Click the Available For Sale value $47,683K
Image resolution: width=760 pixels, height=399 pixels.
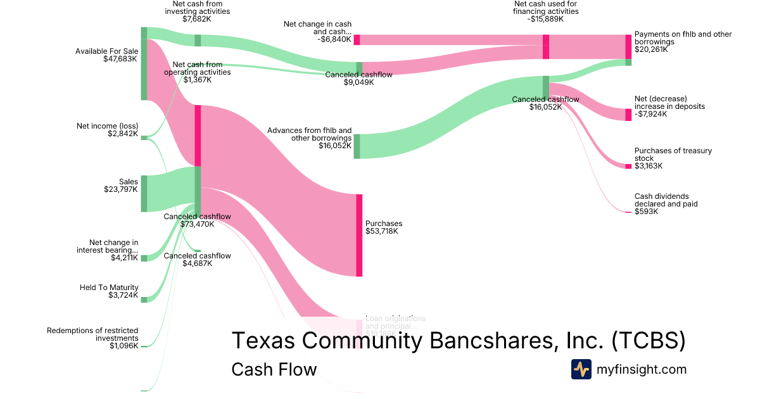pyautogui.click(x=120, y=59)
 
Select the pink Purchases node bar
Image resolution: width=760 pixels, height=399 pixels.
pyautogui.click(x=359, y=235)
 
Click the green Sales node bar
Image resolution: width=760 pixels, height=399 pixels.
pyautogui.click(x=144, y=193)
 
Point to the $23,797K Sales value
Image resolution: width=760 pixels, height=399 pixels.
pyautogui.click(x=120, y=189)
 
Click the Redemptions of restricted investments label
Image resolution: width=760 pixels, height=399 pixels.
pyautogui.click(x=92, y=334)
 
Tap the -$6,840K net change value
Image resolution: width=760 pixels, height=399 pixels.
pyautogui.click(x=331, y=39)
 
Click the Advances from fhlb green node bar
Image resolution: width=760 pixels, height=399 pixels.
pyautogui.click(x=357, y=146)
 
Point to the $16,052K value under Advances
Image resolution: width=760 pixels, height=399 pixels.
pyautogui.click(x=335, y=146)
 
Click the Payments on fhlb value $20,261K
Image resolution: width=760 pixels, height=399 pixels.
pyautogui.click(x=651, y=49)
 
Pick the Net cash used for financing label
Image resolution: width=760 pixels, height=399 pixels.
pyautogui.click(x=545, y=8)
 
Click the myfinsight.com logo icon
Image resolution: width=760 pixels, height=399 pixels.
pyautogui.click(x=581, y=369)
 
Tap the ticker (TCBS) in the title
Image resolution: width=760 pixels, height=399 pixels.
pyautogui.click(x=649, y=340)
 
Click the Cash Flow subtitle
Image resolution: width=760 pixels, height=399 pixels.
pyautogui.click(x=274, y=369)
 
